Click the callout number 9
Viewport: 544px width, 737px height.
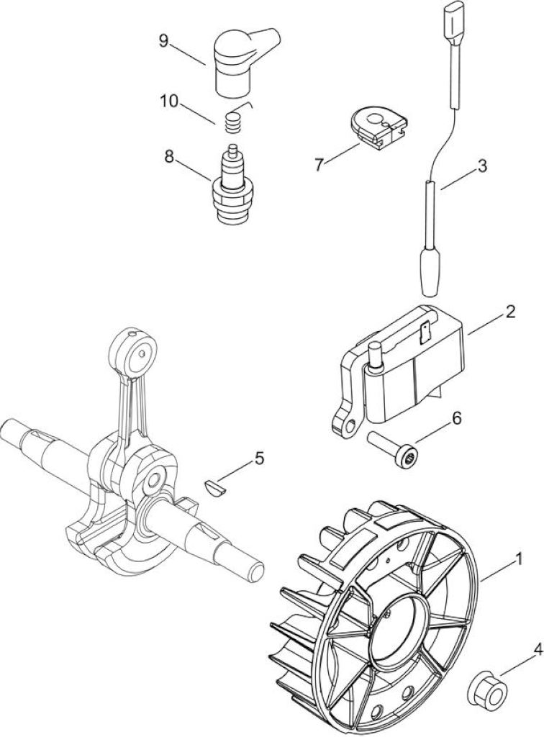[163, 40]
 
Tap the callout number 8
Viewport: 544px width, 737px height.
[168, 156]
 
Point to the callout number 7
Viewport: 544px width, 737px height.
[319, 165]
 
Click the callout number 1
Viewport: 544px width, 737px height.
[519, 559]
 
